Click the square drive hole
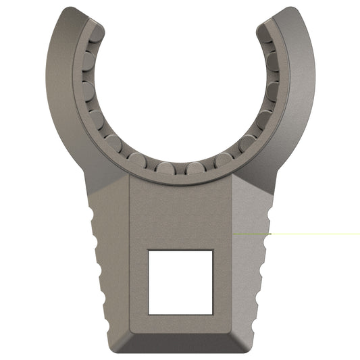click(180, 281)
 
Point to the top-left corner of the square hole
click(149, 249)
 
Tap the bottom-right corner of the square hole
click(213, 313)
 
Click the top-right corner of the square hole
click(213, 249)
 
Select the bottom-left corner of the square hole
click(149, 313)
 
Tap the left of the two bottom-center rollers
click(165, 168)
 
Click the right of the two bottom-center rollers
click(196, 168)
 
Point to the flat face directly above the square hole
click(180, 213)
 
